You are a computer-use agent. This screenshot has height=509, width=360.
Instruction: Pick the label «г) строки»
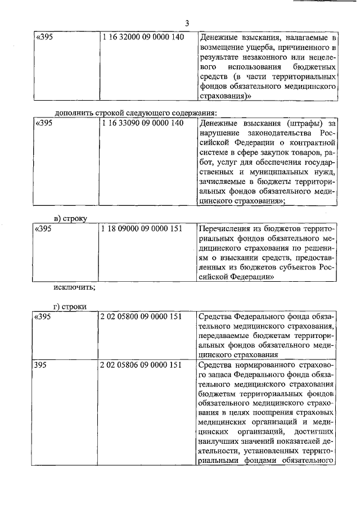tap(70, 305)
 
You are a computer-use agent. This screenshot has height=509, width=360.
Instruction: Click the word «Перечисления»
tap(227, 229)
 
